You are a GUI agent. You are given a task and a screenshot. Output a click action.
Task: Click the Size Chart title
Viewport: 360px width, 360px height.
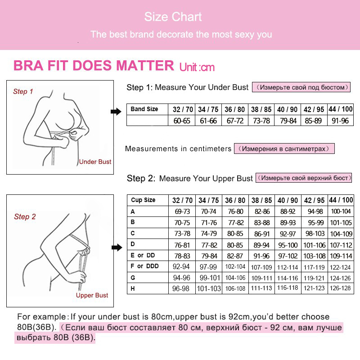pyautogui.click(x=173, y=17)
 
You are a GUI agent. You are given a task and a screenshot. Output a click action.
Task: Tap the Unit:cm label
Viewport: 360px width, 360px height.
pyautogui.click(x=197, y=67)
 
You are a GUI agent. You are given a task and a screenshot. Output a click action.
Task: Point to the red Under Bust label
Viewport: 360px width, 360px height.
pyautogui.click(x=95, y=162)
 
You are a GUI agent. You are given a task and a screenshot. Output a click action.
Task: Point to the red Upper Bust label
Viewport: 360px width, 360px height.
pyautogui.click(x=92, y=295)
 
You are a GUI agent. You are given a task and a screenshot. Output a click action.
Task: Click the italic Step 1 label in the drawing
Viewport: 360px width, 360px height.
pyautogui.click(x=23, y=91)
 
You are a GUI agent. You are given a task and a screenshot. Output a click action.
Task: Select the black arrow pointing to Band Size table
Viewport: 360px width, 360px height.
pyautogui.click(x=116, y=112)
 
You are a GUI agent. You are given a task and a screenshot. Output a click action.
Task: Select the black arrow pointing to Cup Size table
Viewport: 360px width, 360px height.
pyautogui.click(x=116, y=247)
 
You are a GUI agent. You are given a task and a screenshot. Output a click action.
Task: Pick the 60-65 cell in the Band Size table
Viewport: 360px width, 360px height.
pyautogui.click(x=182, y=121)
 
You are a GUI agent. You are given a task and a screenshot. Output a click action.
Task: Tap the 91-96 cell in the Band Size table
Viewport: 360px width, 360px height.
pyautogui.click(x=340, y=121)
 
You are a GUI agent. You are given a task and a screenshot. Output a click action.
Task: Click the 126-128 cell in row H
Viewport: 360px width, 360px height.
pyautogui.click(x=340, y=288)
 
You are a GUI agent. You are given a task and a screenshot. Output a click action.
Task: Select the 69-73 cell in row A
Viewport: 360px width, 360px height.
pyautogui.click(x=182, y=211)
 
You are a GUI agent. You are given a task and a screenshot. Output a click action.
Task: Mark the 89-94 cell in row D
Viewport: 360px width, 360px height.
pyautogui.click(x=261, y=245)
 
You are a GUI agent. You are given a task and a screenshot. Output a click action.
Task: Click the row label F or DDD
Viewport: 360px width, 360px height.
pyautogui.click(x=144, y=266)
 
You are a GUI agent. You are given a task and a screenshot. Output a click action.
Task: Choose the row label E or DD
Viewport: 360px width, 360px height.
pyautogui.click(x=143, y=256)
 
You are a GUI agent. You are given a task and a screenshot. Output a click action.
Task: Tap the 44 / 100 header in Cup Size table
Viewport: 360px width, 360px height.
pyautogui.click(x=341, y=200)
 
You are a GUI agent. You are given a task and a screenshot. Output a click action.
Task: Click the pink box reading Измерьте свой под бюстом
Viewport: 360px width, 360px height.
pyautogui.click(x=301, y=87)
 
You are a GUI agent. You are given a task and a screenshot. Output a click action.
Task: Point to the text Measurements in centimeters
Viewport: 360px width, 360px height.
pyautogui.click(x=178, y=148)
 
